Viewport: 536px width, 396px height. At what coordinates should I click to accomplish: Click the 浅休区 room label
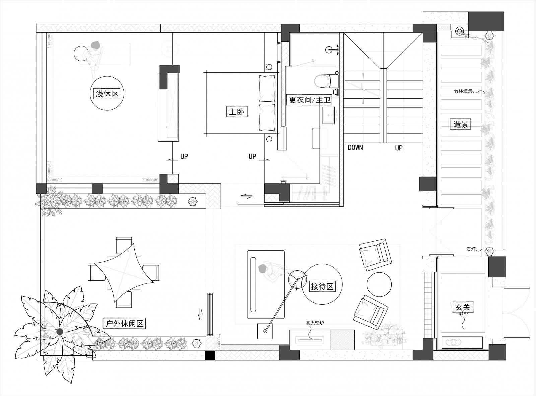coord(107,94)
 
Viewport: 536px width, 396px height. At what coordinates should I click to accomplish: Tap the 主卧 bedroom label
coord(237,112)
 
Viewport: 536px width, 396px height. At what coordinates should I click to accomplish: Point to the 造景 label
coord(461,124)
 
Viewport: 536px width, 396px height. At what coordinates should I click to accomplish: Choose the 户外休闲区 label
coord(125,323)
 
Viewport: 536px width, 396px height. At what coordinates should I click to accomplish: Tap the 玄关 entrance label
coord(463,307)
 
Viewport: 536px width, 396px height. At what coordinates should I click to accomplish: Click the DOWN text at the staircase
coord(355,147)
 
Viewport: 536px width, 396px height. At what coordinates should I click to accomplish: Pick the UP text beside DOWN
coord(399,148)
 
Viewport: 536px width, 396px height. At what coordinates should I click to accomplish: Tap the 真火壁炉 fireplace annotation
coord(315,323)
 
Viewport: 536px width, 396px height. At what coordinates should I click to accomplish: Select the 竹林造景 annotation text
coord(463,91)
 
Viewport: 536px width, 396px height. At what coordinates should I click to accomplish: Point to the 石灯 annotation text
coord(471,249)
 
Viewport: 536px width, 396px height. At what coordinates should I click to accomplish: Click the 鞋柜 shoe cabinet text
coord(464,314)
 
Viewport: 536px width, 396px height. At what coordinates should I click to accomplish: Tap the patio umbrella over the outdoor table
coord(124,273)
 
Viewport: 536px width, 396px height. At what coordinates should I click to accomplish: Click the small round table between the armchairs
coord(379,284)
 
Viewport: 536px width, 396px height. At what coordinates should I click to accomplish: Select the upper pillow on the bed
coord(267,88)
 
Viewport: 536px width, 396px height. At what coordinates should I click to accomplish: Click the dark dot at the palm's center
coord(60,332)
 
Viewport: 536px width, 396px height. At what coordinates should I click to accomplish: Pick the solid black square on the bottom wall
coord(210,355)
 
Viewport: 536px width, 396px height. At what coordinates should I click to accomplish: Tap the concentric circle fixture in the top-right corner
coord(459,31)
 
